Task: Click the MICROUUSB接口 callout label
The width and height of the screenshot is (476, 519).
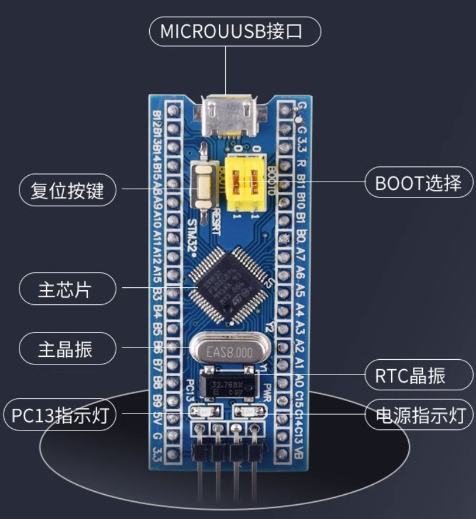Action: coord(234,31)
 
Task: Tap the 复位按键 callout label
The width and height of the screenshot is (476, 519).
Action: coord(67,190)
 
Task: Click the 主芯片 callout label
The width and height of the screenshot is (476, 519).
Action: coord(67,289)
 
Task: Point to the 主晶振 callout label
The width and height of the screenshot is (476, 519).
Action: coord(67,349)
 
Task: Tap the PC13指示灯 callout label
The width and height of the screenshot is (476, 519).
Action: coord(61,415)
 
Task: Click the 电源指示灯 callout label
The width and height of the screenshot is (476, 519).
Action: coord(418,415)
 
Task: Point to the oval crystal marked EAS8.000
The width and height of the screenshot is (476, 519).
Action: coord(229,352)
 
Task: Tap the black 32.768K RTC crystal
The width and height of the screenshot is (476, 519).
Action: coord(229,384)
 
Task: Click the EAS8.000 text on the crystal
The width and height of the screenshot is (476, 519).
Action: coord(229,352)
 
